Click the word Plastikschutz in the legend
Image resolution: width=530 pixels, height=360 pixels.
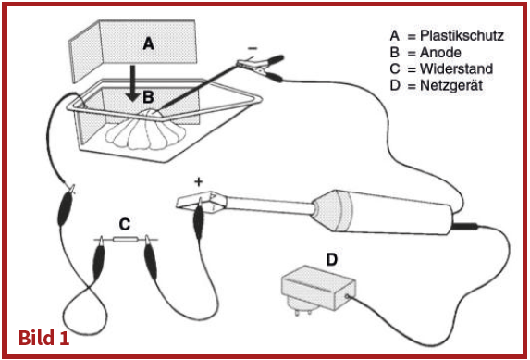pos(462,35)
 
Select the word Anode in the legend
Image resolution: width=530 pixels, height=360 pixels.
pos(440,53)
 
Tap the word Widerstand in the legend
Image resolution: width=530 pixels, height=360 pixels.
pos(456,68)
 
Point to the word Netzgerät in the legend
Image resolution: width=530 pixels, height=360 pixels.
pos(451,85)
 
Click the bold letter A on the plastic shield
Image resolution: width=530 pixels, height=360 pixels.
pos(149,44)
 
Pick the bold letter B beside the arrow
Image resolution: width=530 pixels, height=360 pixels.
pos(148,97)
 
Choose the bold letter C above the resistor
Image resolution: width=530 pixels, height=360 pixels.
pos(125,224)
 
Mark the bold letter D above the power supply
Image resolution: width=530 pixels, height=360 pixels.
pos(331,260)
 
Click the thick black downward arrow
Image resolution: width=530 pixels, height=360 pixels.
pos(133,83)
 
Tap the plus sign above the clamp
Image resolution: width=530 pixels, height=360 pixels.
pos(199,182)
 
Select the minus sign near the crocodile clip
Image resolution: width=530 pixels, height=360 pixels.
pos(253,48)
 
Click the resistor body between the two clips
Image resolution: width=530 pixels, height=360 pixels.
pos(125,240)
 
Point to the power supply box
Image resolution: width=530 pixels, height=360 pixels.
pos(318,288)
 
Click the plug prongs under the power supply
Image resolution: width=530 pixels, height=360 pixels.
pos(302,311)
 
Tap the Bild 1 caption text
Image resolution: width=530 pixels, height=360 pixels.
pos(44,338)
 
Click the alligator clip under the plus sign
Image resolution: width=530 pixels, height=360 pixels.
pos(199,219)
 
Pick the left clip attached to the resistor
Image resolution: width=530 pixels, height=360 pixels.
pos(99,259)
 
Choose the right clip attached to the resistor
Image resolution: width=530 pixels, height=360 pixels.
pos(151,259)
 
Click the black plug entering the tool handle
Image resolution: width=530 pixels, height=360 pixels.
pos(464,225)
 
